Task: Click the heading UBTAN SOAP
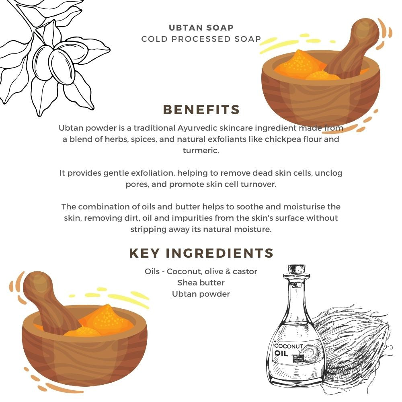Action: (201, 28)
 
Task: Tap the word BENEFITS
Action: (201, 110)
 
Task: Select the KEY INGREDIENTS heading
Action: (201, 253)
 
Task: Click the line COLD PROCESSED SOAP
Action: (201, 39)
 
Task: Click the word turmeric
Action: (201, 150)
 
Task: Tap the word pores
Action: (136, 184)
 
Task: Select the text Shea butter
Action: (201, 283)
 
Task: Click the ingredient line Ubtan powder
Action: (201, 294)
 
